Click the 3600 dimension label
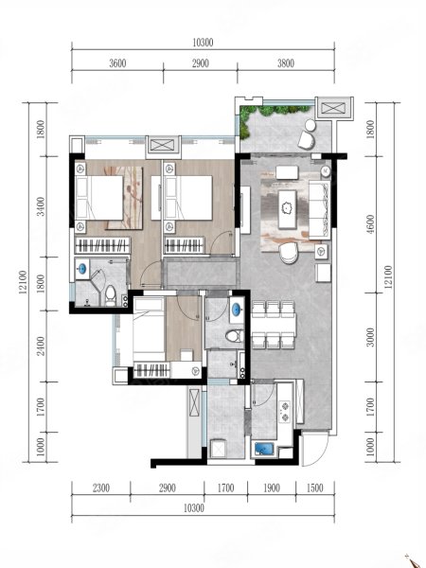click(x=117, y=63)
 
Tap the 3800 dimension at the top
click(x=286, y=63)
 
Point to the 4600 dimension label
click(x=370, y=224)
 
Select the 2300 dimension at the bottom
click(x=100, y=488)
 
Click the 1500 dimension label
click(x=315, y=488)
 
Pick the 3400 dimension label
click(x=41, y=206)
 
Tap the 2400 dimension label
click(x=41, y=346)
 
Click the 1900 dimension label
click(x=272, y=488)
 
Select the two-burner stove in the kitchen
click(x=285, y=412)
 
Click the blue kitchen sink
click(x=262, y=449)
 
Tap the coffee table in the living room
click(x=288, y=209)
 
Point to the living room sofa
click(x=320, y=210)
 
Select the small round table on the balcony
click(x=311, y=125)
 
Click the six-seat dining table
click(x=274, y=325)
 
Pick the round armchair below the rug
click(x=289, y=254)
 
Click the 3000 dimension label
click(x=370, y=337)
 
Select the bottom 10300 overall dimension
click(x=194, y=508)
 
